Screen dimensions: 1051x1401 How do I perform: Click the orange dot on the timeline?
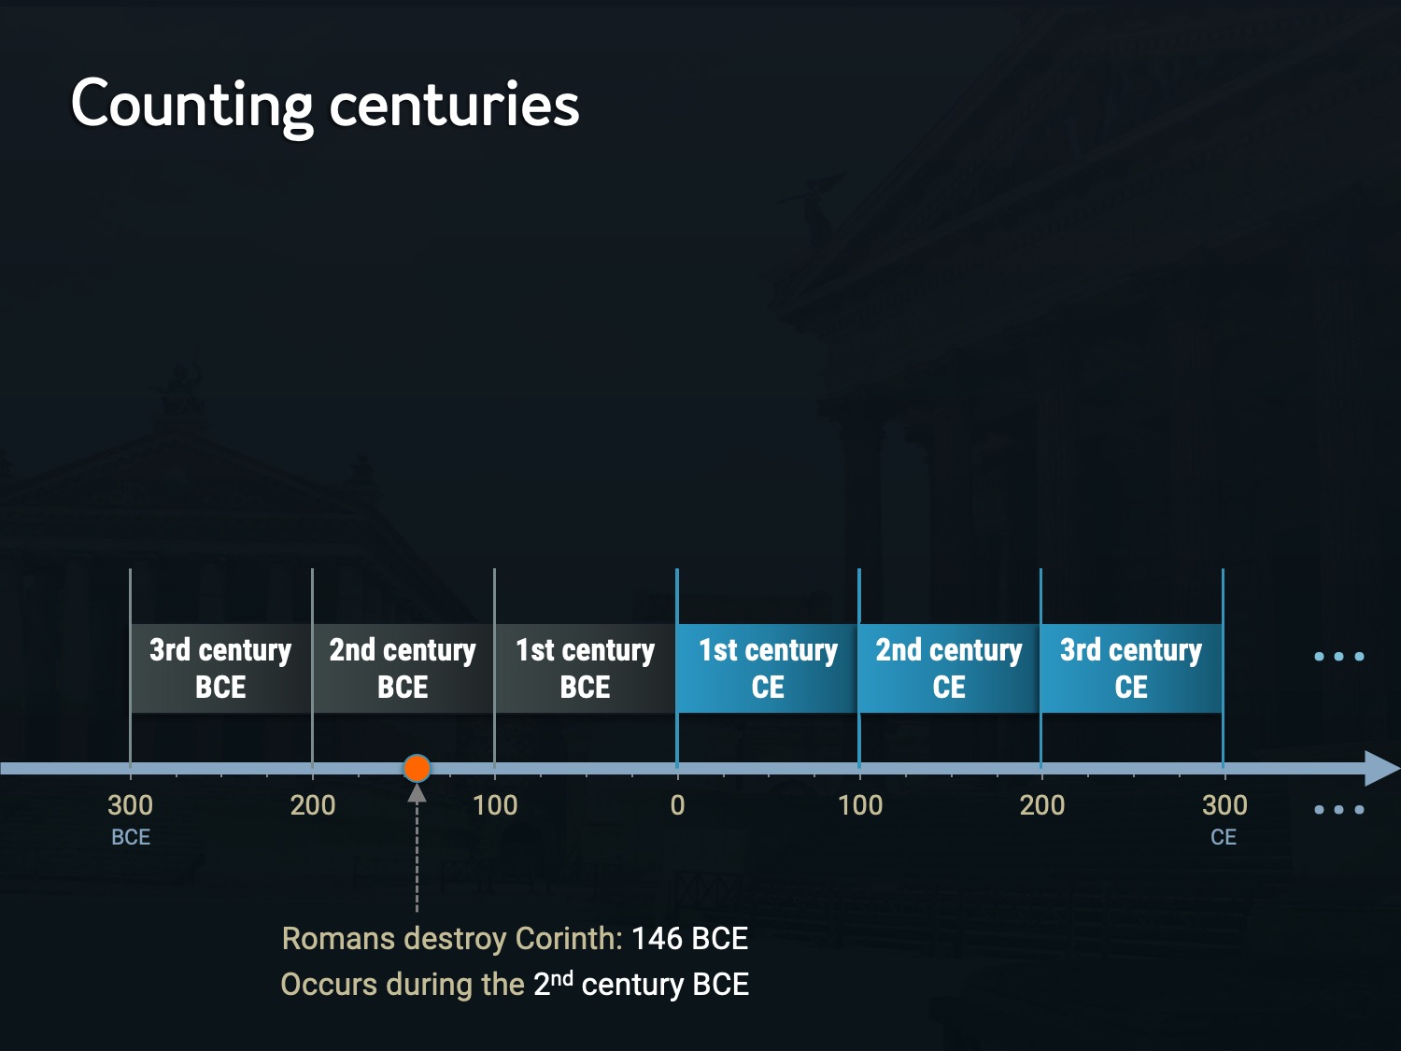pyautogui.click(x=417, y=768)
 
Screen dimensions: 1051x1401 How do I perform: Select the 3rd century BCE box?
pyautogui.click(x=220, y=668)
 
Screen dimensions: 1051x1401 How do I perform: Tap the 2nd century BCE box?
pyautogui.click(x=403, y=668)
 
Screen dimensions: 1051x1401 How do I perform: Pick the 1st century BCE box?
pyautogui.click(x=585, y=668)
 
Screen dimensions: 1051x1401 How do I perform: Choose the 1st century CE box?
pyautogui.click(x=768, y=668)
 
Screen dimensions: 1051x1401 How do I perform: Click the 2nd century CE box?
pyautogui.click(x=949, y=668)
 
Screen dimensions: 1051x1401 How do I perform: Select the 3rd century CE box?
pyautogui.click(x=1131, y=668)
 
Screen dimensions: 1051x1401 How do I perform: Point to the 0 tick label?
pyautogui.click(x=677, y=805)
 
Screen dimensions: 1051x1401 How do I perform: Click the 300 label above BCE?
pyautogui.click(x=131, y=805)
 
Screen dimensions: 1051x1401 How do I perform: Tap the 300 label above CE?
pyautogui.click(x=1224, y=805)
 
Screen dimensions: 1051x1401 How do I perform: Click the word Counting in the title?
pyautogui.click(x=191, y=105)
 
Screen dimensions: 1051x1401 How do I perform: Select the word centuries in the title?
pyautogui.click(x=455, y=105)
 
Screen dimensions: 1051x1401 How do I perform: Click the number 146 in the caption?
pyautogui.click(x=657, y=938)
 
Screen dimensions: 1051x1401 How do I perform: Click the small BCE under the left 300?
pyautogui.click(x=131, y=837)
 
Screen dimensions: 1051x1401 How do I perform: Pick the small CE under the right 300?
pyautogui.click(x=1224, y=837)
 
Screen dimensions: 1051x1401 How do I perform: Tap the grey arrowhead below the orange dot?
pyautogui.click(x=417, y=794)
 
